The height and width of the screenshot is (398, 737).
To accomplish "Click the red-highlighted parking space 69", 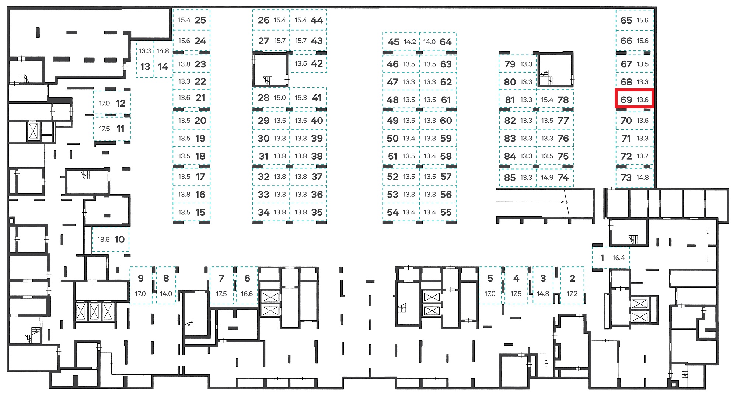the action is coord(634,99).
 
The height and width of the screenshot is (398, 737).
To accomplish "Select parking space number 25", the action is coord(192,20).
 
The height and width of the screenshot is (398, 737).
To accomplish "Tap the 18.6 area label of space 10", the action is coord(104,240).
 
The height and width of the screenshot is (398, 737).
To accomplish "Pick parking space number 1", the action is coord(611,258).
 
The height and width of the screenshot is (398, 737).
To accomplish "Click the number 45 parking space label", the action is coord(393,42).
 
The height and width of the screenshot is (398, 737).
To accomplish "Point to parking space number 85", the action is coord(518,178).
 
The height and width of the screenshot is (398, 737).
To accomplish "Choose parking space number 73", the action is coord(635,178).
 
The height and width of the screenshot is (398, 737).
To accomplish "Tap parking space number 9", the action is coord(141,285).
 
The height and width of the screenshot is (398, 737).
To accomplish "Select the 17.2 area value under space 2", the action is coord(572,294).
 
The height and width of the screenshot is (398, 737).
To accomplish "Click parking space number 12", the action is coord(112,103).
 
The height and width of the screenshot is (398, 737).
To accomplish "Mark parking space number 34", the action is coord(271,212).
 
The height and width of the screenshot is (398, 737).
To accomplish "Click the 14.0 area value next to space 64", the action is coord(429,42).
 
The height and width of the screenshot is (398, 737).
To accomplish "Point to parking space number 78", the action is coord(555,99).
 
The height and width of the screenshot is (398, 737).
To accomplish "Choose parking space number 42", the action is coord(308,63).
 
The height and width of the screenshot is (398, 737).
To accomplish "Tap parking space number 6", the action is coord(247,285).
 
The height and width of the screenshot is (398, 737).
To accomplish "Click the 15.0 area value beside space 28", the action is coord(280,98).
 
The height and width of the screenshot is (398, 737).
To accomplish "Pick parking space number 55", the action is coord(438,212).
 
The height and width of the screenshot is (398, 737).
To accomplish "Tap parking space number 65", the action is coord(635,20).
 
